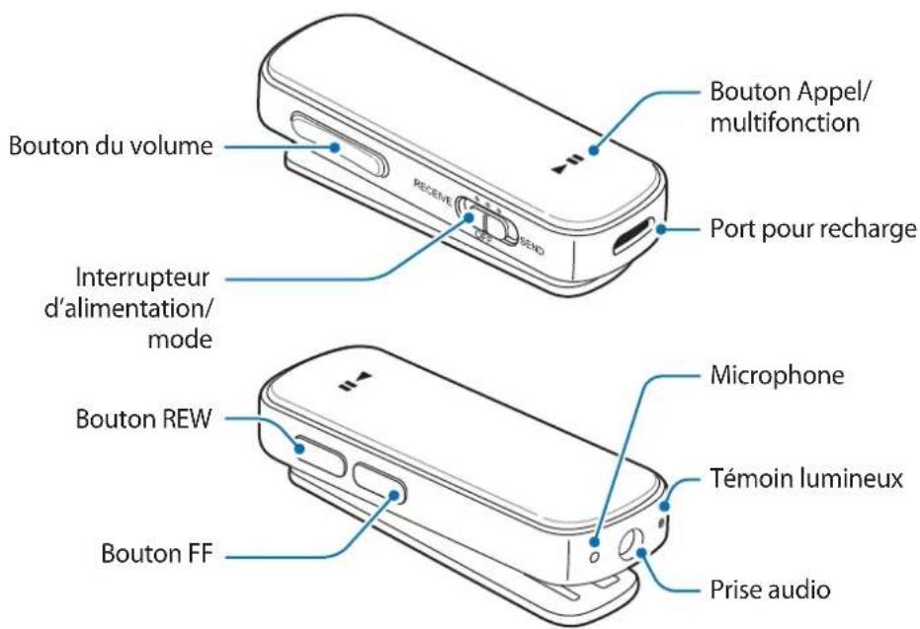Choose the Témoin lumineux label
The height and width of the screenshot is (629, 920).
point(806,479)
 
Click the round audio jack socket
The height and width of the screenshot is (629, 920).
point(631,546)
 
